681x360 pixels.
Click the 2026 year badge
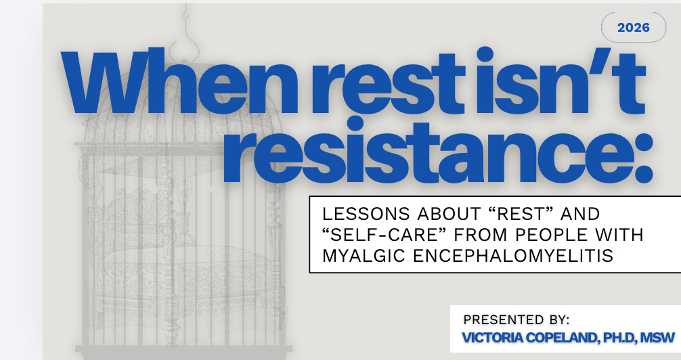click(633, 27)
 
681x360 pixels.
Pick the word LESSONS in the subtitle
click(366, 214)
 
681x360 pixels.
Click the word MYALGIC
click(364, 256)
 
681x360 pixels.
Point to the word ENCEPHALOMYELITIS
click(513, 256)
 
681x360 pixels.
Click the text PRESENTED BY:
click(517, 319)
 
